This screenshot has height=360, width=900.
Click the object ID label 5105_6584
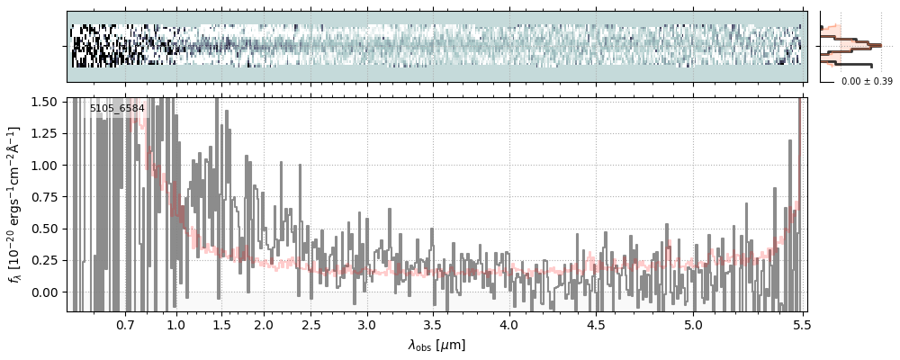[x=117, y=108]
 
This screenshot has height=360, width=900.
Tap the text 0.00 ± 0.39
[x=867, y=82]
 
